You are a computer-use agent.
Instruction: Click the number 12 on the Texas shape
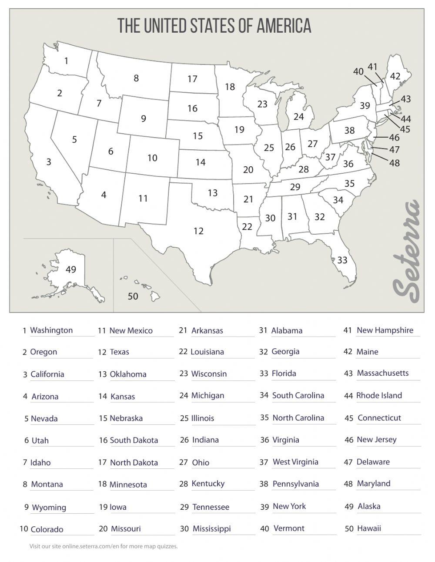pyautogui.click(x=198, y=231)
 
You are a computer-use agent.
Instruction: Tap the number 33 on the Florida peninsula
pyautogui.click(x=342, y=260)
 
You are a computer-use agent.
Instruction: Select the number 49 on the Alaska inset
pyautogui.click(x=70, y=269)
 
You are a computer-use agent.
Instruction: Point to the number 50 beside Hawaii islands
pyautogui.click(x=133, y=296)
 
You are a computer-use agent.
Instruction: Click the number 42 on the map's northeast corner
pyautogui.click(x=395, y=76)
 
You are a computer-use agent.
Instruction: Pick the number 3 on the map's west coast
pyautogui.click(x=49, y=162)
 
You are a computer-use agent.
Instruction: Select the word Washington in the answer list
pyautogui.click(x=51, y=330)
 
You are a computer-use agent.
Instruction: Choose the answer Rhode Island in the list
pyautogui.click(x=379, y=395)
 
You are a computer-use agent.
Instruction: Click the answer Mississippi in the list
pyautogui.click(x=211, y=528)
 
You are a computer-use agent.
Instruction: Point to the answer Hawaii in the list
pyautogui.click(x=369, y=528)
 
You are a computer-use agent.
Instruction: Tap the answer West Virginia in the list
pyautogui.click(x=295, y=461)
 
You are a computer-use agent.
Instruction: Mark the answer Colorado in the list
pyautogui.click(x=47, y=529)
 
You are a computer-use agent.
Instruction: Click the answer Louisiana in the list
pyautogui.click(x=207, y=351)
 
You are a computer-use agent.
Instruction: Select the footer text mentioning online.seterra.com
pyautogui.click(x=104, y=546)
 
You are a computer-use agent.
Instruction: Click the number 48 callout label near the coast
pyautogui.click(x=395, y=163)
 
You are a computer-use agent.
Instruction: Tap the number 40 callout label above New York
pyautogui.click(x=358, y=71)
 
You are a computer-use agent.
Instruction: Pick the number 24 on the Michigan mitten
pyautogui.click(x=298, y=117)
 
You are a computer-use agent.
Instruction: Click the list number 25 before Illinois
pyautogui.click(x=184, y=418)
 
